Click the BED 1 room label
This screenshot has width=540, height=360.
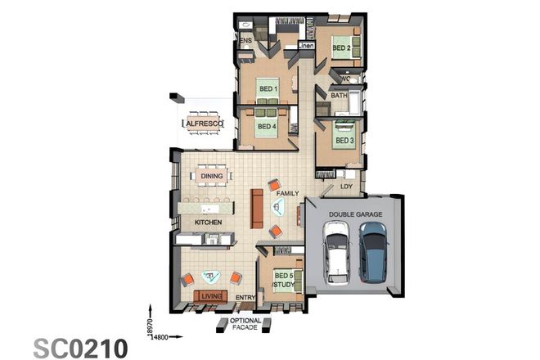[268, 88]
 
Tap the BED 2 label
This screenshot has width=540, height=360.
[341, 48]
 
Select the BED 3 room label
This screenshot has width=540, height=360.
[344, 141]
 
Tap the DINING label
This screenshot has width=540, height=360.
[212, 175]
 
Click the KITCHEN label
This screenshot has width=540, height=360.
[209, 222]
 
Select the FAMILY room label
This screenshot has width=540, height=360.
[287, 193]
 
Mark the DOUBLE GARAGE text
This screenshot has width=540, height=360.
[355, 214]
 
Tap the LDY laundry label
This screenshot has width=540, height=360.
[347, 187]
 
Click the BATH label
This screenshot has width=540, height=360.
[339, 96]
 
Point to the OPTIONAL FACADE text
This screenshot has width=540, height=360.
[245, 324]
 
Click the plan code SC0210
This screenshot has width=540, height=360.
[80, 347]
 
